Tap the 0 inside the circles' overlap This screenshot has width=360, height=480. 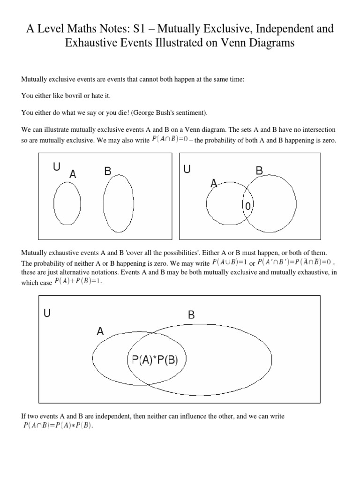pyautogui.click(x=248, y=206)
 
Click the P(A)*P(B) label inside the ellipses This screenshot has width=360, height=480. pyautogui.click(x=155, y=360)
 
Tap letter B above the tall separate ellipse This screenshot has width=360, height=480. pyautogui.click(x=107, y=172)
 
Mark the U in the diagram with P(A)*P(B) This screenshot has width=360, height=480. pyautogui.click(x=47, y=313)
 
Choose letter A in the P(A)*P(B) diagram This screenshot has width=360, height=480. pyautogui.click(x=100, y=331)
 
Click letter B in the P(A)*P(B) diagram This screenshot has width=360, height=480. pyautogui.click(x=191, y=315)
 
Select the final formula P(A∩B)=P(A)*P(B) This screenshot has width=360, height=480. pyautogui.click(x=58, y=426)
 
